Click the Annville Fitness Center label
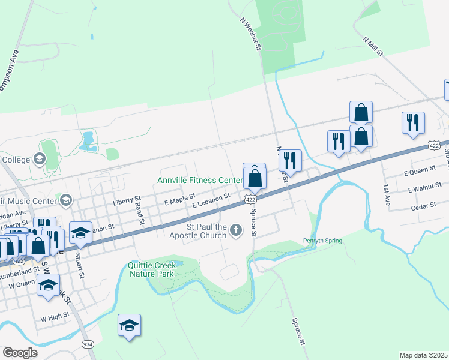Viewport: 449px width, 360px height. (x=199, y=180)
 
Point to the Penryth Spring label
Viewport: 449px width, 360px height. (x=322, y=241)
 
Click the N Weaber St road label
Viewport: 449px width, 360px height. (x=252, y=34)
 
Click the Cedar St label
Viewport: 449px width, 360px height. (x=424, y=206)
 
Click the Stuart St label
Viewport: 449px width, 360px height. (x=77, y=262)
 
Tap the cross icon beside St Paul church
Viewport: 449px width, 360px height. (x=237, y=229)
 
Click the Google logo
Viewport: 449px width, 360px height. (x=20, y=353)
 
